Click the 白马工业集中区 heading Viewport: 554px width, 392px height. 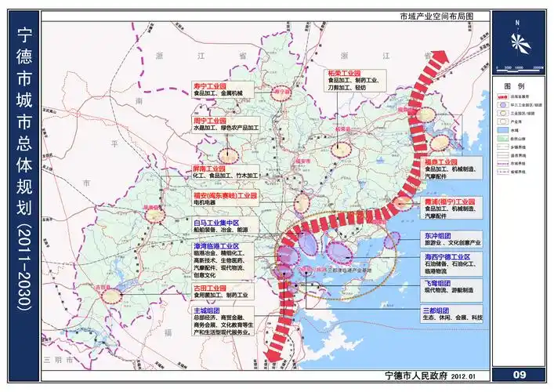pyautogui.click(x=215, y=223)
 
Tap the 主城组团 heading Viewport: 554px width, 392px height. pyautogui.click(x=205, y=310)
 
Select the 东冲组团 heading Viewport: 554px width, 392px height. pyautogui.click(x=436, y=234)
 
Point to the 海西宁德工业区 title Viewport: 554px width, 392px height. pyautogui.click(x=446, y=257)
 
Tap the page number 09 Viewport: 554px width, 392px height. pyautogui.click(x=520, y=374)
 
